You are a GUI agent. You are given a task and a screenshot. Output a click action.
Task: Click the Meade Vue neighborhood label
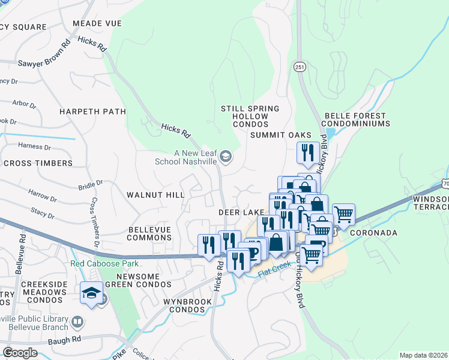(97, 23)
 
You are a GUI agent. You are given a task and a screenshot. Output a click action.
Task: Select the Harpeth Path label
(92, 112)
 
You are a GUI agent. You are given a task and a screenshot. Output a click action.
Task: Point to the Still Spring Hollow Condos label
(250, 116)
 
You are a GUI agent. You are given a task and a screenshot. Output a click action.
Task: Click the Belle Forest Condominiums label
(357, 119)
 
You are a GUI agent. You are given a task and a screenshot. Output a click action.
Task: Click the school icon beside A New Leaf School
(226, 157)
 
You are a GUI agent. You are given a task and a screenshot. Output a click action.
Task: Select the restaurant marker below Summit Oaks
(307, 153)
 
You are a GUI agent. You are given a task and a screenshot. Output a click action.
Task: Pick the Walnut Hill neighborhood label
(155, 195)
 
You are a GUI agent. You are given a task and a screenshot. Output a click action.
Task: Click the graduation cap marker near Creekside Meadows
(91, 293)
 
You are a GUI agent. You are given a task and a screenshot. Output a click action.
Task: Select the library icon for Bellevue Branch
(77, 323)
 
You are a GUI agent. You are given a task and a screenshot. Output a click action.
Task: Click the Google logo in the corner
(20, 353)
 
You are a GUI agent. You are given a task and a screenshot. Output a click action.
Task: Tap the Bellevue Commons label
(150, 233)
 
